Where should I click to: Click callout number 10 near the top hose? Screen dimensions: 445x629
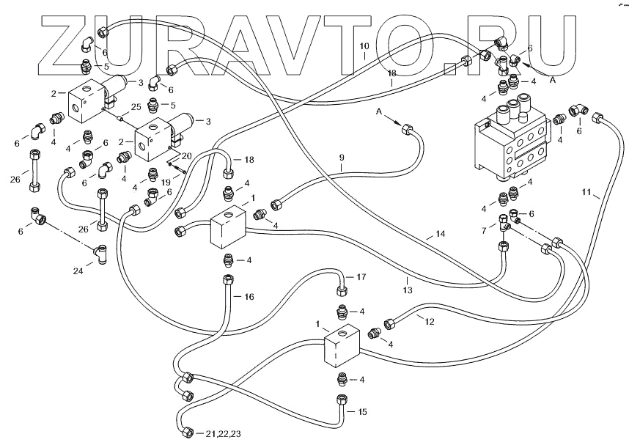point(364,46)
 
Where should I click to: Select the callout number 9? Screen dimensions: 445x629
point(341,158)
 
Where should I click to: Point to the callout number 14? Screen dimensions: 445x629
point(440,234)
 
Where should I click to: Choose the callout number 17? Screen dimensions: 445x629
point(360,277)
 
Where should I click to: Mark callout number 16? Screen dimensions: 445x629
point(249,297)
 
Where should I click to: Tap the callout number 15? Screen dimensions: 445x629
point(361,412)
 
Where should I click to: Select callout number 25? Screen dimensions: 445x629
point(136,108)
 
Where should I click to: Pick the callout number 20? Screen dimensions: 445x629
point(186,156)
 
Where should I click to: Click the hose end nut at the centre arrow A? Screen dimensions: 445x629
point(408,131)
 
